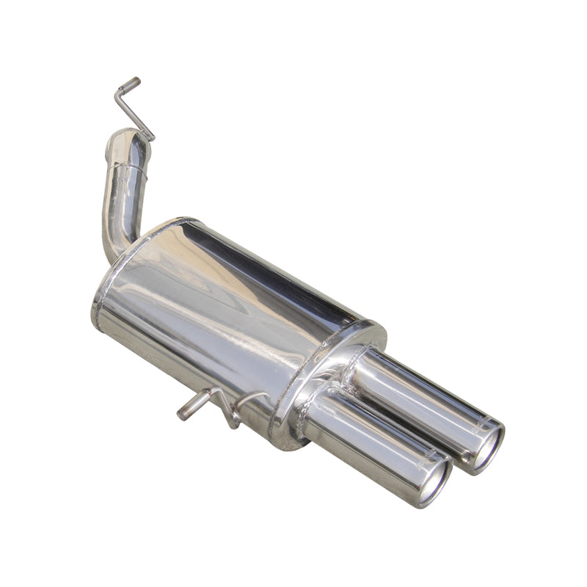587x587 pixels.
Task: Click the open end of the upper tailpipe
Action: pos(486,447)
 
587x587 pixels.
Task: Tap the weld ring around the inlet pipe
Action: pos(128,170)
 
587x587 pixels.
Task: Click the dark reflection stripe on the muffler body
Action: pos(279,271)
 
